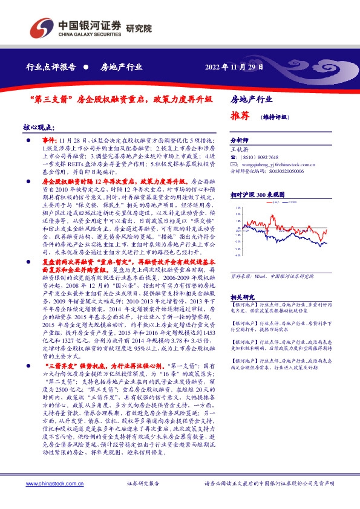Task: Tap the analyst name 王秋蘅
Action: tap(240, 148)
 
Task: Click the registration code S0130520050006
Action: tap(284, 171)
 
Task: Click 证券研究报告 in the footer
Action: tap(143, 484)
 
